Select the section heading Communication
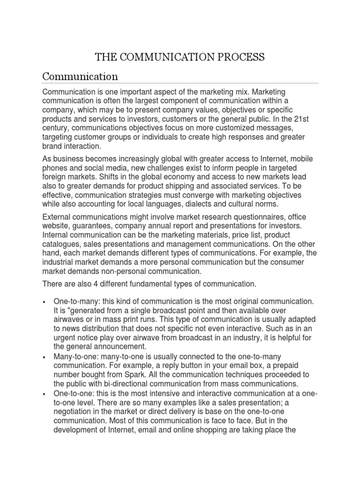coord(80,75)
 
